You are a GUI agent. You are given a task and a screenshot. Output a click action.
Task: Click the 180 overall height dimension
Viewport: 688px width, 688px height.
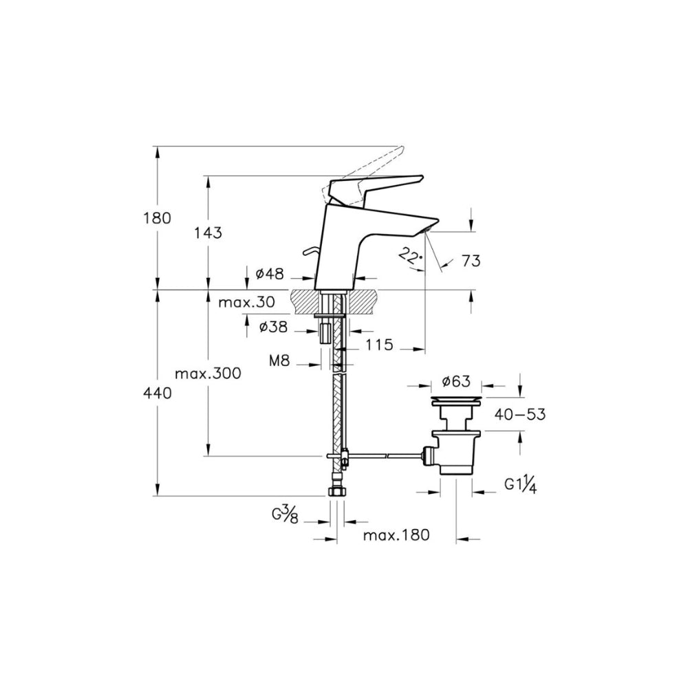tap(157, 218)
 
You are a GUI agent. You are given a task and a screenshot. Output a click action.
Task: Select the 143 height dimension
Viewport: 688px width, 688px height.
tap(208, 233)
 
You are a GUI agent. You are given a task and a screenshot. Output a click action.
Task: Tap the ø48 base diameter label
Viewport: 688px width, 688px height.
tap(270, 274)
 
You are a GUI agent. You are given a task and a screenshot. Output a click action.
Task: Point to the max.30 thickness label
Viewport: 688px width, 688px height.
tap(246, 302)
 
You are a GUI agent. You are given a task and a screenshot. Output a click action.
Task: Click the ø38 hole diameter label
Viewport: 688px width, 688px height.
tap(273, 326)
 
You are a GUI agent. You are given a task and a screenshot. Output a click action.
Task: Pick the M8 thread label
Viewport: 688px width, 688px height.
tap(279, 361)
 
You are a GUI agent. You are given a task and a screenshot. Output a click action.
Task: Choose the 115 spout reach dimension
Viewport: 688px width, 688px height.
tap(380, 345)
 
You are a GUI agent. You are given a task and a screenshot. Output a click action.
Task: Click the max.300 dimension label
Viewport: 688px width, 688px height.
tap(208, 374)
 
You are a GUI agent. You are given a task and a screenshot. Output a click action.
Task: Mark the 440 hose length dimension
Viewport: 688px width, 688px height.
tap(157, 394)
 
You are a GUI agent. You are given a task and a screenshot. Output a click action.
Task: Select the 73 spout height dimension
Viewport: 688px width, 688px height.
tap(471, 261)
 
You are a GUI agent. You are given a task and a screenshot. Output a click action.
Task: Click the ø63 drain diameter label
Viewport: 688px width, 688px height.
tap(456, 381)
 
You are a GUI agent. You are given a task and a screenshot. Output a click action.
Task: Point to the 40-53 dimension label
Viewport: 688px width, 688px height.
tap(520, 413)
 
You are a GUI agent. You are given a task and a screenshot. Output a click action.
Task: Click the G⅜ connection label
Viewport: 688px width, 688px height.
tap(286, 515)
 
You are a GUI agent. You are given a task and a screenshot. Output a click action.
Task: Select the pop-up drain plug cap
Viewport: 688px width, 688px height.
tap(456, 400)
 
